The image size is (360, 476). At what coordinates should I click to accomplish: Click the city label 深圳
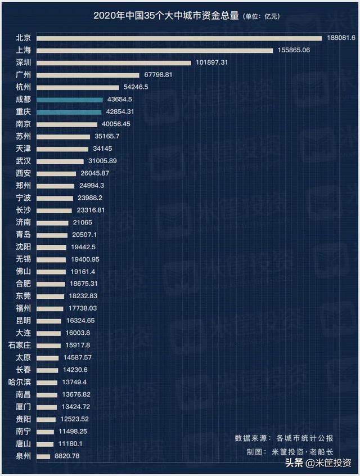[23, 62]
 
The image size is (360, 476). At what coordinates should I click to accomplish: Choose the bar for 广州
[88, 75]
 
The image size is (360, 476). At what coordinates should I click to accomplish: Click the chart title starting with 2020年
[166, 17]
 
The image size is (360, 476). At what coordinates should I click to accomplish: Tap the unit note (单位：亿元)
[261, 17]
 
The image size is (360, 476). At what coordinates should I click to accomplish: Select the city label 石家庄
[20, 345]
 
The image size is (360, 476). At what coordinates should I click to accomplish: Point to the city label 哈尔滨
[20, 382]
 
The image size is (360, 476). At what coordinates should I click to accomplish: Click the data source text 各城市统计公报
[305, 438]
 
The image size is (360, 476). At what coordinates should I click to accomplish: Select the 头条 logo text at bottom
[294, 464]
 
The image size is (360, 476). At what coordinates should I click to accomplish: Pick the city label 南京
[23, 124]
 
